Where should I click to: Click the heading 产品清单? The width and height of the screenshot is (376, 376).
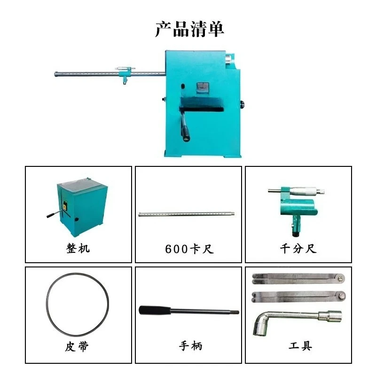189,29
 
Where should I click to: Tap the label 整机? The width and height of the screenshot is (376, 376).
78,248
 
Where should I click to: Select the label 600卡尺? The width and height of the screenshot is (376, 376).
189,249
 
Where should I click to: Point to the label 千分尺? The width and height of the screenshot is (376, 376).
298,249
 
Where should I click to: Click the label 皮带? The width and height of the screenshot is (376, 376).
77,346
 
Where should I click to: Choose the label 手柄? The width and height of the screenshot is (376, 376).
191,346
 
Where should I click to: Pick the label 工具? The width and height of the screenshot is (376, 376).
300,346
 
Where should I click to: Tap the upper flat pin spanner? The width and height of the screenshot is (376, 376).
298,279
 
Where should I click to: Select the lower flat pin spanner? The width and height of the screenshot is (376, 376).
299,297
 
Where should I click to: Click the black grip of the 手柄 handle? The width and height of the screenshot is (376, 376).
155,310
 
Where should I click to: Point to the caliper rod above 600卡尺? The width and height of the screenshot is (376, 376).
186,214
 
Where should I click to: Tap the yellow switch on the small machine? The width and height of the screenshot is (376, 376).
64,206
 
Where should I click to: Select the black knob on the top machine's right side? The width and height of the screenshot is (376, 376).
243,104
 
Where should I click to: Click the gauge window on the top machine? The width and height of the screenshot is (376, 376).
203,88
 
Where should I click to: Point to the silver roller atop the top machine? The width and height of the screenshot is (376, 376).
229,58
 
